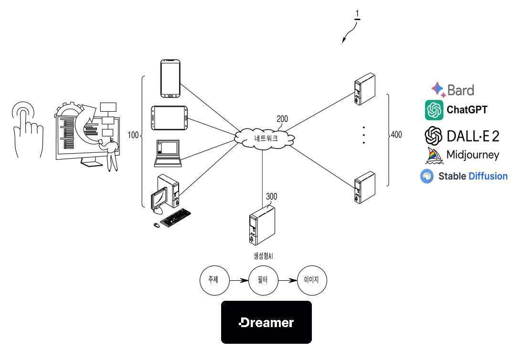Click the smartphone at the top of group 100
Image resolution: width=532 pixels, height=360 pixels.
click(x=170, y=79)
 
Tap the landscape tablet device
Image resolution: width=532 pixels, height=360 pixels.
click(x=170, y=118)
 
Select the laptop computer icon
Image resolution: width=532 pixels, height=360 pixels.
click(x=168, y=153)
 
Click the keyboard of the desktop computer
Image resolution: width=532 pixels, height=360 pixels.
click(x=175, y=218)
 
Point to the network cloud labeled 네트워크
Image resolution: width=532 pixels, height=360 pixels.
click(x=264, y=138)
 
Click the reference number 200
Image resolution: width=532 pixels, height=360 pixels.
click(x=282, y=119)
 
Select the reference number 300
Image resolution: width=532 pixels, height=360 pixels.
click(x=271, y=196)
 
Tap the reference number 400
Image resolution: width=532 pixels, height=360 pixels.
click(x=396, y=135)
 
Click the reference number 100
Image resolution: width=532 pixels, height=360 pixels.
click(x=133, y=135)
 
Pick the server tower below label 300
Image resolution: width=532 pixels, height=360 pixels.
click(x=262, y=225)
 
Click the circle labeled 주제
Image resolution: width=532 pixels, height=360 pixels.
click(x=214, y=280)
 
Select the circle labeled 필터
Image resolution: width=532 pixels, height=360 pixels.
click(x=263, y=280)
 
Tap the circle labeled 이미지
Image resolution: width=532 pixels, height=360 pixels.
click(x=312, y=280)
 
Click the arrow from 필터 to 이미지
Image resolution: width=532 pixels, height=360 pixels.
click(x=287, y=280)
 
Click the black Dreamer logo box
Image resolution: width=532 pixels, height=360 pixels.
click(x=266, y=322)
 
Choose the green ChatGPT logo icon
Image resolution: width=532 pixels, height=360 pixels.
click(x=434, y=110)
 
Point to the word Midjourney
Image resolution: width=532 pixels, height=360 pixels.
click(x=473, y=155)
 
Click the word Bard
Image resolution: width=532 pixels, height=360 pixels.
click(x=460, y=90)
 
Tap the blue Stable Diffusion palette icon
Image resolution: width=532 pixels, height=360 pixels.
click(x=427, y=177)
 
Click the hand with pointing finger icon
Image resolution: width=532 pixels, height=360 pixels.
click(x=28, y=129)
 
